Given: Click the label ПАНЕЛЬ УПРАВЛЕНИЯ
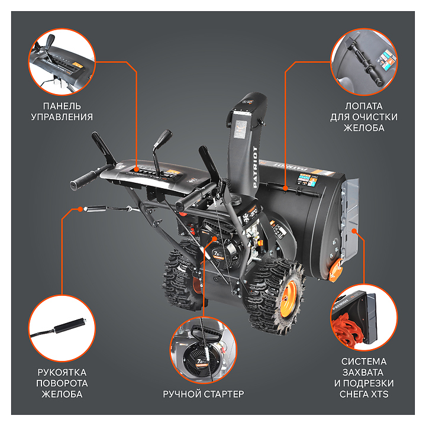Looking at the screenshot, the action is click(62, 111).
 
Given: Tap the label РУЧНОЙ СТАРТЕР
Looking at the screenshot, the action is click(203, 394).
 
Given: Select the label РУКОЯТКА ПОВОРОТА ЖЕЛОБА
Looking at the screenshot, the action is click(62, 383).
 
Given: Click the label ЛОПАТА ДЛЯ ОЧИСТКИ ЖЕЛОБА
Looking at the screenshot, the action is click(364, 117).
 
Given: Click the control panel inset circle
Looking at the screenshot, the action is click(62, 62).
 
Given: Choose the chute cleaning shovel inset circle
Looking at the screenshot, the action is click(364, 62).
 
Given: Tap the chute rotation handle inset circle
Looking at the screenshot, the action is click(62, 328).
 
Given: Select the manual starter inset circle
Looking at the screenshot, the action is click(203, 350).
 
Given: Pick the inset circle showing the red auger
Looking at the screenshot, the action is click(364, 318).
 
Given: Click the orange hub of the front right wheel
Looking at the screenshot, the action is click(288, 299).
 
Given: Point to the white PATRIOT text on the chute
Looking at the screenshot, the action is click(255, 167).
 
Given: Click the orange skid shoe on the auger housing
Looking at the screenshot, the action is click(335, 270).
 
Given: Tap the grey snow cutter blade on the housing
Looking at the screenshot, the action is click(350, 217).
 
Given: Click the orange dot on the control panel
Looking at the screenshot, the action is click(137, 169).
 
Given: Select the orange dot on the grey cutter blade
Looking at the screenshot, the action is click(354, 231).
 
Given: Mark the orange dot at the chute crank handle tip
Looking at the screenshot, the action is click(80, 209).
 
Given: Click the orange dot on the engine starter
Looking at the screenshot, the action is click(215, 238).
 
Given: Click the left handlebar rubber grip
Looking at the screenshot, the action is click(83, 179).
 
